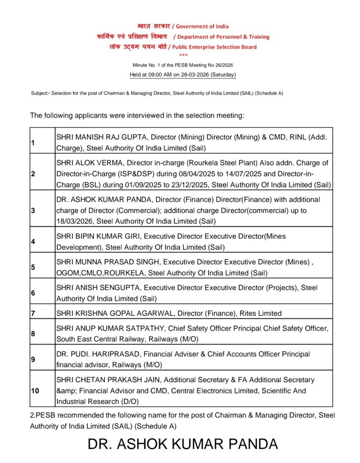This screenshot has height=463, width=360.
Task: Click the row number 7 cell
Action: (33, 313)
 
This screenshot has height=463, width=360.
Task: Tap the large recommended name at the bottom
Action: (182, 444)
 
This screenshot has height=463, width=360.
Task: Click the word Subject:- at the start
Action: (40, 93)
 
